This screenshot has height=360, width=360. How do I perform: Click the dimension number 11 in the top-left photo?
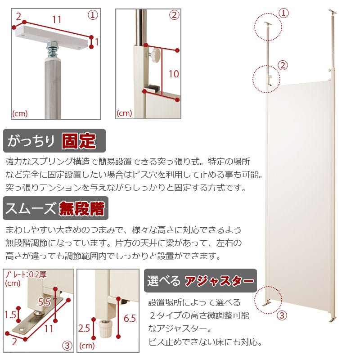[x=56, y=20]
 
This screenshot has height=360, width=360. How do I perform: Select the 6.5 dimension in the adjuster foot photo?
[x=130, y=319]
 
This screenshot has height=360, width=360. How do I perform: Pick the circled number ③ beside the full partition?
[x=282, y=315]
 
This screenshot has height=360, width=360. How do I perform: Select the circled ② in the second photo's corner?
[x=175, y=14]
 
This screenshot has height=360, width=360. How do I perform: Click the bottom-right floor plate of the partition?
[x=333, y=319]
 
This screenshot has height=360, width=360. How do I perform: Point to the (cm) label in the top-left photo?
[x=20, y=113]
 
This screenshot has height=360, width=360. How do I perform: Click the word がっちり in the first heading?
[x=31, y=141]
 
